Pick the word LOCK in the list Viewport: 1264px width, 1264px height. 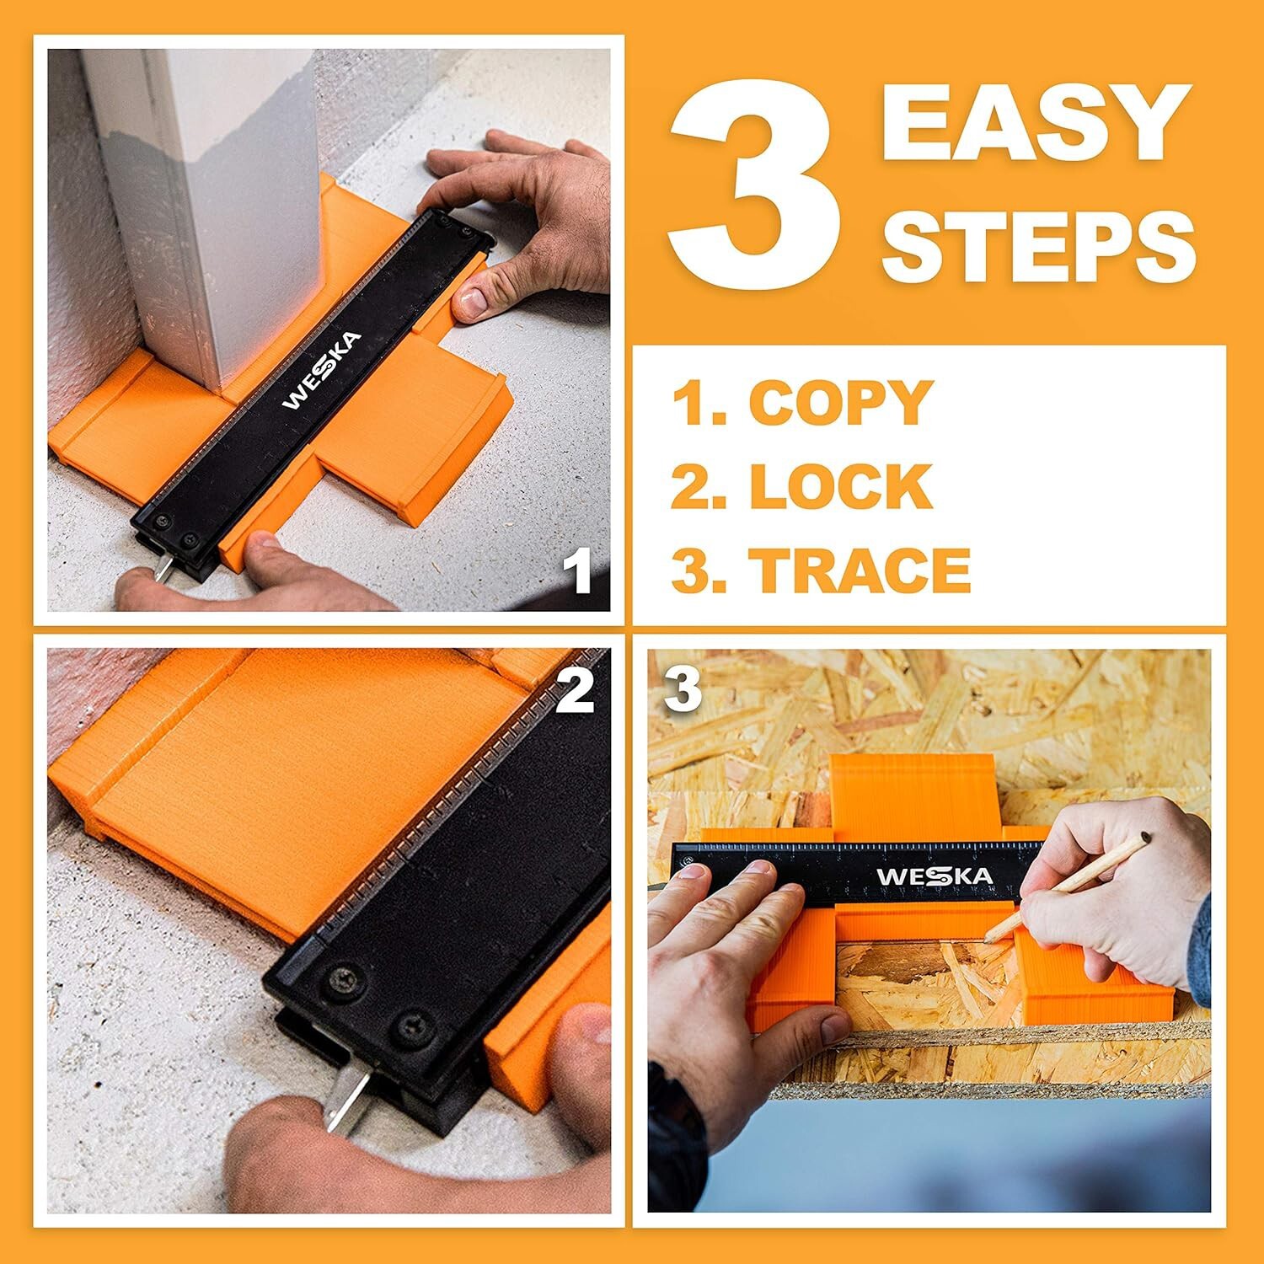(x=841, y=486)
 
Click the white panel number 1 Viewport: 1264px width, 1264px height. (x=578, y=570)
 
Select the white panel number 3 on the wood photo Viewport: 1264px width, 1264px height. (x=683, y=688)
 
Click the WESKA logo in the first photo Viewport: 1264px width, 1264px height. (x=322, y=370)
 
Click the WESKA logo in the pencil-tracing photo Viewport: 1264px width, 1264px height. (x=935, y=876)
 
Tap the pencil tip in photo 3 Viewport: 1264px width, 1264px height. (x=988, y=937)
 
